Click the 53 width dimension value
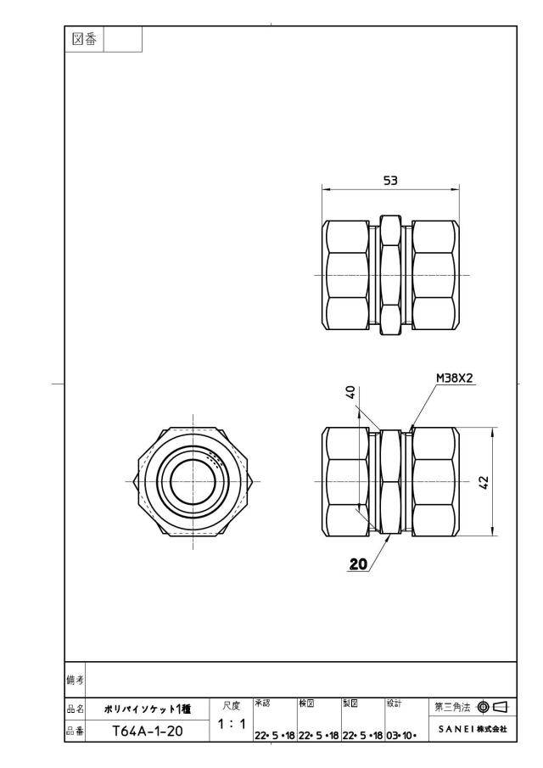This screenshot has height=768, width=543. (x=390, y=181)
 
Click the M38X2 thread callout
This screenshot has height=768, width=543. (x=455, y=378)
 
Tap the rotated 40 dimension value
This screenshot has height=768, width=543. (x=350, y=392)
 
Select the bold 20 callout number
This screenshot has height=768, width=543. (x=358, y=564)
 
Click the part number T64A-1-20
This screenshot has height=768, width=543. (x=148, y=732)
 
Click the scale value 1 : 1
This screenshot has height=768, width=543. (x=232, y=724)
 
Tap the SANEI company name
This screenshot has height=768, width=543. (x=473, y=729)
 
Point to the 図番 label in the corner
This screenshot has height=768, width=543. (x=84, y=39)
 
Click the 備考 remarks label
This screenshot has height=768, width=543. (x=75, y=680)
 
